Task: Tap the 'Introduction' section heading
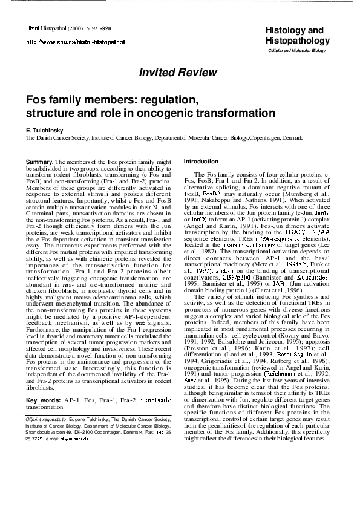201,162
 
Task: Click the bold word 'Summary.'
40,162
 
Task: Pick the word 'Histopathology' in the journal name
297,41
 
